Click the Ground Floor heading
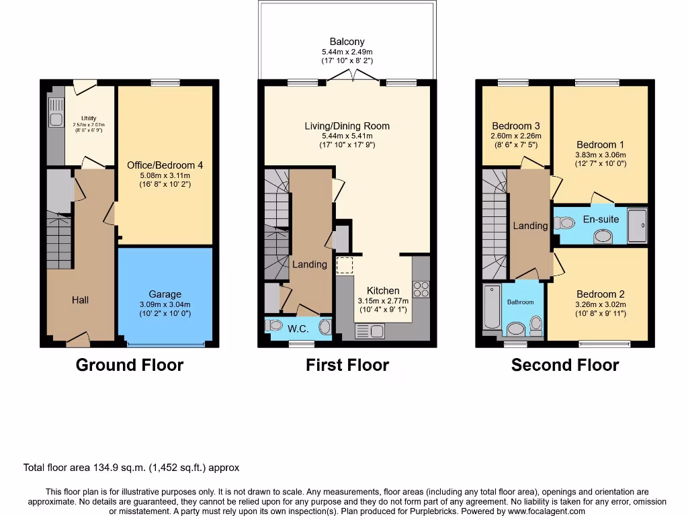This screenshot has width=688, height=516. coord(129,365)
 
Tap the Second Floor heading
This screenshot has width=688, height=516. coord(564,365)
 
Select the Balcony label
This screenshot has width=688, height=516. coord(347,42)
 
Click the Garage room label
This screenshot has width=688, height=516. coord(165,294)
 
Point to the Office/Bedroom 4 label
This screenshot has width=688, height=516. coord(165,165)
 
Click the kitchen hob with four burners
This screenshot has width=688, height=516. coord(421,289)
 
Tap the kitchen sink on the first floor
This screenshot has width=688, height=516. coord(369,331)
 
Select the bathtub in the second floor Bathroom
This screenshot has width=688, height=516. coord(492,306)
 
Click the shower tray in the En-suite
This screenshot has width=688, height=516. coord(637,224)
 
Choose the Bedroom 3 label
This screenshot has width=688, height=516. coord(515,126)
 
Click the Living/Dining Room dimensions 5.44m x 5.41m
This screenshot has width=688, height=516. coord(347,135)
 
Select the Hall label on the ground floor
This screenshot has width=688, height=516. coord(80,300)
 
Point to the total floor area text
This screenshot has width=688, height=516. coord(131,468)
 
